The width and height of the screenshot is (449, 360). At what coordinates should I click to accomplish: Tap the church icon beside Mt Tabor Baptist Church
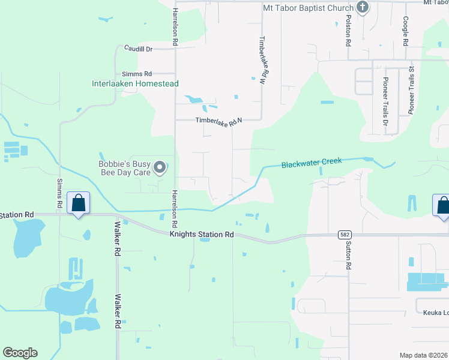click(362, 7)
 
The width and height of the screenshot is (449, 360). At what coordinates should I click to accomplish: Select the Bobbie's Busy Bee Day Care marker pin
click(159, 168)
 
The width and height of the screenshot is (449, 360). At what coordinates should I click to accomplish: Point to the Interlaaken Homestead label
click(135, 84)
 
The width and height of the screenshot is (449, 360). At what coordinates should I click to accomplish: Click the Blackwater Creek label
click(312, 162)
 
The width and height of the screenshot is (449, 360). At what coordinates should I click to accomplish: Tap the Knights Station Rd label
click(201, 235)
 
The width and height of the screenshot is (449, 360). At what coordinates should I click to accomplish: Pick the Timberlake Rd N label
click(218, 121)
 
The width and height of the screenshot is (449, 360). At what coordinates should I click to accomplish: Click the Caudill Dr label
click(139, 48)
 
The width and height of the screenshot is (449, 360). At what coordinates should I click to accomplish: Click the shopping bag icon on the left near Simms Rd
click(79, 203)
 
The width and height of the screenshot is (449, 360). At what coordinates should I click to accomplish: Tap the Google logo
click(20, 353)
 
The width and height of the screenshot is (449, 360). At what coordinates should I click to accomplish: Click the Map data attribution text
click(424, 355)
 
